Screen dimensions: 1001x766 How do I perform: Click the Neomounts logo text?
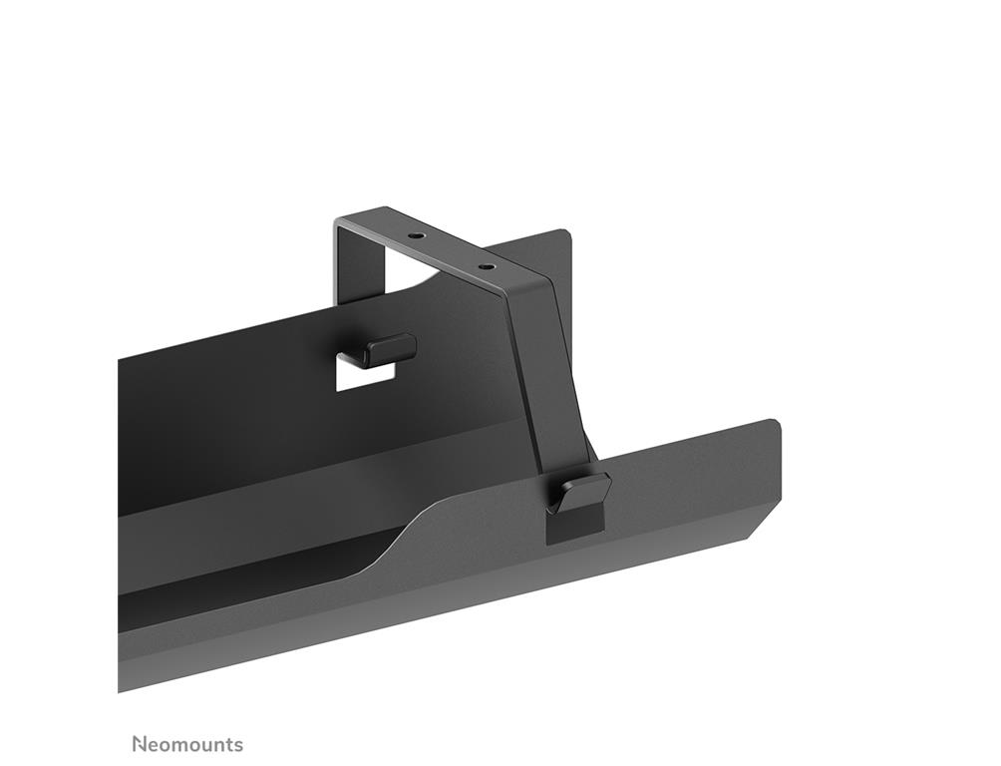187,744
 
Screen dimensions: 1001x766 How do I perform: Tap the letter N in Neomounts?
139,744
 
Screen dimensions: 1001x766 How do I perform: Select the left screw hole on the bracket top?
417,235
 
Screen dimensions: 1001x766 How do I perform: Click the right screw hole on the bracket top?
486,266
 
